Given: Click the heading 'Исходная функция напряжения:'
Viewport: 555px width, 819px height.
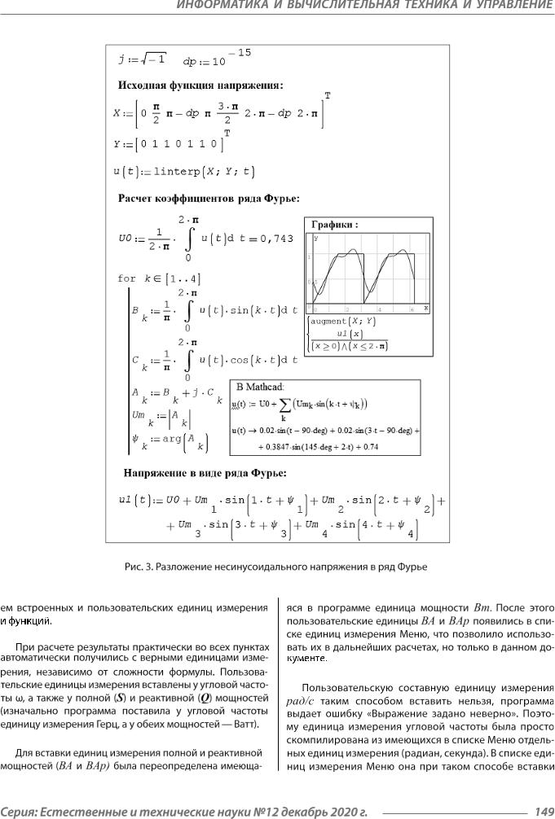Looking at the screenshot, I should coord(200,85).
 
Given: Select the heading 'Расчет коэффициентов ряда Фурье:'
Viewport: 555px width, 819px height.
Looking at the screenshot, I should coord(208,197).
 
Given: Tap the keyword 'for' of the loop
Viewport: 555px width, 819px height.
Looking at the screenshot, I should coord(127,278).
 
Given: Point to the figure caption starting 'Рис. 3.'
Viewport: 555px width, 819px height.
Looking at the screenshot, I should coord(277,565).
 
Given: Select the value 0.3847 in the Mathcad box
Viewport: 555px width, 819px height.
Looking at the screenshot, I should coord(297,447).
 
